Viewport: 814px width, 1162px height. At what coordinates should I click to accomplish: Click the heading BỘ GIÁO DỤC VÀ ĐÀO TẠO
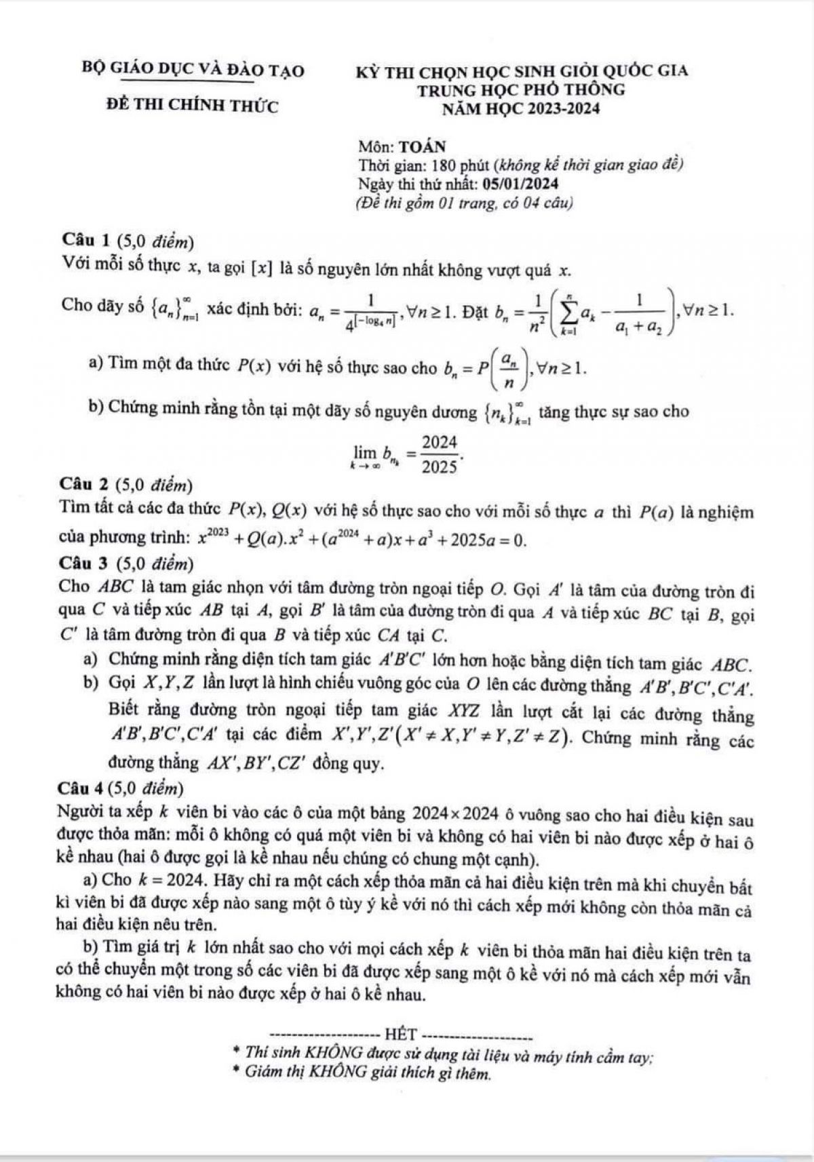click(x=193, y=71)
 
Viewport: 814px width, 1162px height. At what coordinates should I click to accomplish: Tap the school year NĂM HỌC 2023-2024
click(x=521, y=108)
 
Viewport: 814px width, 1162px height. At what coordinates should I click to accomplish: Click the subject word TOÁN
click(x=423, y=146)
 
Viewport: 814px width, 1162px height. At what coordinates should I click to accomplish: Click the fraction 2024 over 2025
click(x=440, y=454)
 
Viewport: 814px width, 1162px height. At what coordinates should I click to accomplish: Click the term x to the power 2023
click(x=213, y=538)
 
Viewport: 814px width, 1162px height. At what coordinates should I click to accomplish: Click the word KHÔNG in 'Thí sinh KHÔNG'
click(x=332, y=1053)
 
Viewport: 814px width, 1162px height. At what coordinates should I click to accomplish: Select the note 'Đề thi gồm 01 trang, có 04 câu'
click(x=465, y=202)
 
